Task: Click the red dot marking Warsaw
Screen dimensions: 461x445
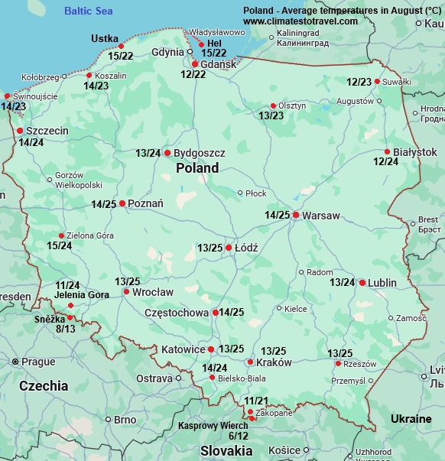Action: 295,215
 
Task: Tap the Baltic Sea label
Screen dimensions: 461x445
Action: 88,11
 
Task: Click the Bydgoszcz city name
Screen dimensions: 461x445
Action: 199,153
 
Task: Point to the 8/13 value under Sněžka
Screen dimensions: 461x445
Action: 66,329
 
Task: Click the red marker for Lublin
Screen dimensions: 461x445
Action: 362,282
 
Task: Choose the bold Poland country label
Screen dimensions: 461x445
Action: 197,168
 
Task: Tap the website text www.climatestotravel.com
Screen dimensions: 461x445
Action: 300,21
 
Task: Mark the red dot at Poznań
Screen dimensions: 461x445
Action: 122,203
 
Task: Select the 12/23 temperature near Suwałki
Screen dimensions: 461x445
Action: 359,82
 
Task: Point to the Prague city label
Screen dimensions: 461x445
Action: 38,362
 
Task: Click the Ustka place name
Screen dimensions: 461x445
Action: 105,38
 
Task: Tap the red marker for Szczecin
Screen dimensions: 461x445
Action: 20,131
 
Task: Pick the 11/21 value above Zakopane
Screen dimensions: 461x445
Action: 256,401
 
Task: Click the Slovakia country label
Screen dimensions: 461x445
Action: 226,450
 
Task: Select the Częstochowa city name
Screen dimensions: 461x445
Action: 177,313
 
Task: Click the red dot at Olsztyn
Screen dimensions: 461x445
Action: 273,106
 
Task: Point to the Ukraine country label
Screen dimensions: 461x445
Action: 411,419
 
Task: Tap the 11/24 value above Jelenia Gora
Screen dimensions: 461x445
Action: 67,285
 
